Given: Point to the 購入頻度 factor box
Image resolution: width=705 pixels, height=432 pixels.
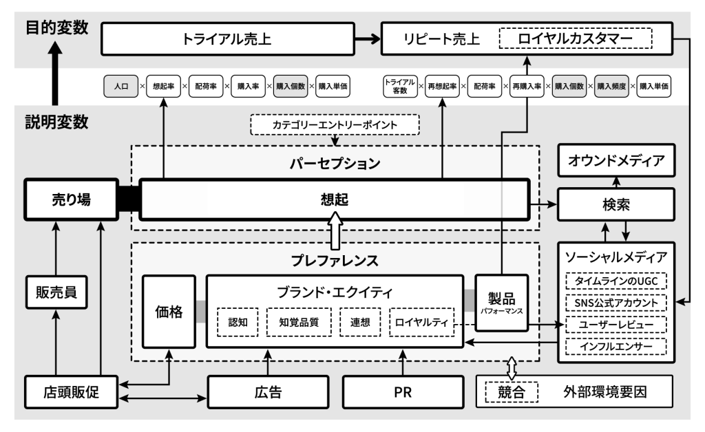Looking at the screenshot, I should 613,87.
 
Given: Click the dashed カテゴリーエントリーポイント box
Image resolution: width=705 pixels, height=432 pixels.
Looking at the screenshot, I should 335,125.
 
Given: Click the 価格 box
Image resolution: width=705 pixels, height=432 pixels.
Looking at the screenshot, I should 169,312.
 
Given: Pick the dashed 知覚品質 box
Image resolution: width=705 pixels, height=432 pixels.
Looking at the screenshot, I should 300,322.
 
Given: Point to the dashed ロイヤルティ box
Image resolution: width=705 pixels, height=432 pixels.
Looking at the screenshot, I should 422,322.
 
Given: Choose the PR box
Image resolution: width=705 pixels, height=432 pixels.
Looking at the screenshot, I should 401,393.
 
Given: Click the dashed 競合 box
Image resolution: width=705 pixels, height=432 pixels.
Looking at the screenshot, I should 510,393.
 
